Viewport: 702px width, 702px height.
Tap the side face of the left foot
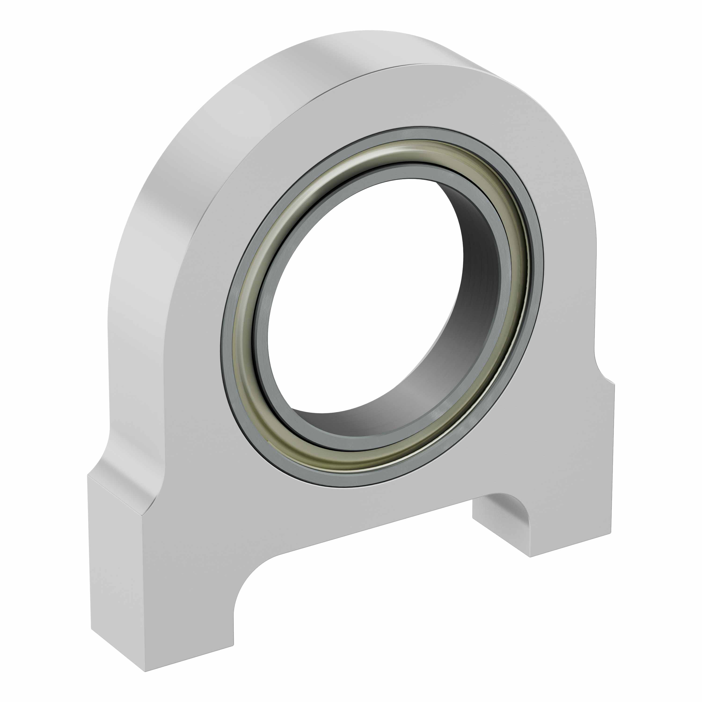point(116,567)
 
